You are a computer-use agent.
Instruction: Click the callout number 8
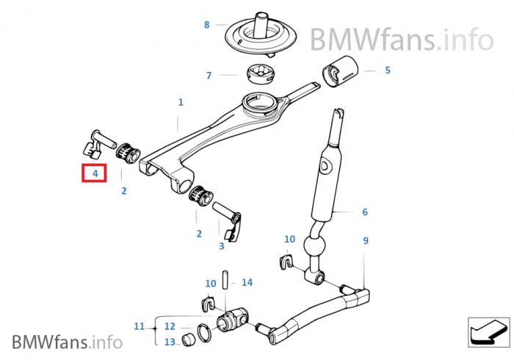pos(206,24)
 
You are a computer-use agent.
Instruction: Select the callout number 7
pos(209,76)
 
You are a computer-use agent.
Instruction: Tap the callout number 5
pos(388,71)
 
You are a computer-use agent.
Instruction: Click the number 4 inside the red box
pos(95,173)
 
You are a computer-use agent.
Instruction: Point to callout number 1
pos(181,102)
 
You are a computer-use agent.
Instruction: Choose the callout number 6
pos(365,212)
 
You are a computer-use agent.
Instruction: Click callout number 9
pos(366,241)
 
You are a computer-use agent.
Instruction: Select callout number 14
pos(247,282)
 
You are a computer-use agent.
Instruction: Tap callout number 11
pos(139,326)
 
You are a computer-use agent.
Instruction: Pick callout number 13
pos(170,342)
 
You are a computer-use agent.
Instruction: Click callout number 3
pos(222,246)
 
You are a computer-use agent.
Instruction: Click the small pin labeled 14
pos(225,280)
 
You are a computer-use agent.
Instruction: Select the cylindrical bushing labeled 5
pos(340,71)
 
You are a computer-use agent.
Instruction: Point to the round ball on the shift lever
pos(315,245)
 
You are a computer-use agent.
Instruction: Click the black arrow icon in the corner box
pos(488,332)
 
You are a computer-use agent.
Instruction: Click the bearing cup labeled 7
pos(261,74)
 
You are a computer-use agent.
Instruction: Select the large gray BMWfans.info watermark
pos(402,40)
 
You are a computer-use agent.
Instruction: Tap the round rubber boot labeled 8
pos(261,35)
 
